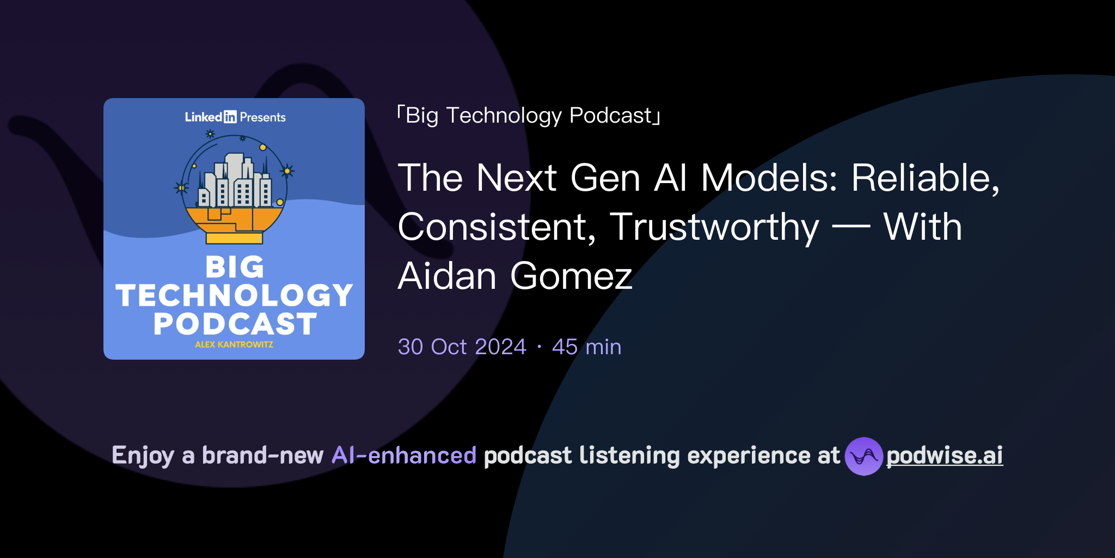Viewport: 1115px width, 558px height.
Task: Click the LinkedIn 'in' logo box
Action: point(230,117)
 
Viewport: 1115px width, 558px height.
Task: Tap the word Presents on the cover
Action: point(262,117)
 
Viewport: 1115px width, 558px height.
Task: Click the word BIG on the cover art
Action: point(235,268)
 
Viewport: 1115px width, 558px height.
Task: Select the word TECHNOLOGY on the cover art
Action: point(235,296)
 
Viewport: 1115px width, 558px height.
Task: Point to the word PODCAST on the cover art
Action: point(235,324)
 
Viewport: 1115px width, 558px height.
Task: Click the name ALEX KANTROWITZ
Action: point(234,345)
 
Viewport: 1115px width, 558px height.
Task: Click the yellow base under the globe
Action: point(234,238)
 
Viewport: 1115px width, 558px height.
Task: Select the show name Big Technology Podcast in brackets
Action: point(529,116)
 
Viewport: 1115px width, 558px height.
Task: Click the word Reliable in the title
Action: point(925,178)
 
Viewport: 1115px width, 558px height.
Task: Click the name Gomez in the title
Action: point(571,276)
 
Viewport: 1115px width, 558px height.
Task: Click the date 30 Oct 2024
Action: point(462,347)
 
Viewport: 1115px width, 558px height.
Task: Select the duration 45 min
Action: point(586,347)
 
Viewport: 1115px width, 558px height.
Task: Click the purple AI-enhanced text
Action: point(404,456)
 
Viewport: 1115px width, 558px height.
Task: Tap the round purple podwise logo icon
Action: point(863,456)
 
